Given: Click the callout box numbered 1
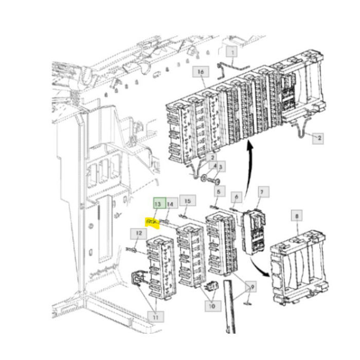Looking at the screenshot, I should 232,52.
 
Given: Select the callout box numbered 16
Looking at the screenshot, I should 200,71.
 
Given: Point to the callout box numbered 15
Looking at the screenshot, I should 188,201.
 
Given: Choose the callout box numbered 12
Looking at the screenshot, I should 137,235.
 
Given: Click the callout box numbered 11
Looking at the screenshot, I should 154,316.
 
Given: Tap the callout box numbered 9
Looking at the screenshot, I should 250,285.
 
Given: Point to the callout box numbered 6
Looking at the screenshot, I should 237,196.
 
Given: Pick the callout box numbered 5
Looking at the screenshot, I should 219,192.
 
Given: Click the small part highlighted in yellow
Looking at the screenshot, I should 152,222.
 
